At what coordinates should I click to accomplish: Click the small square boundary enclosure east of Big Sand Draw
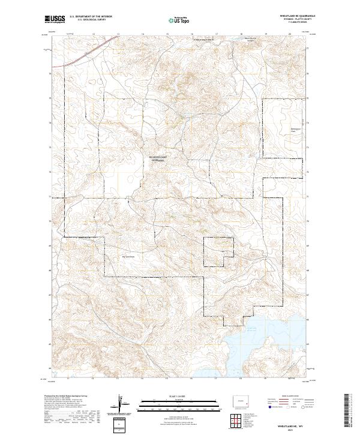point(218,252)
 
